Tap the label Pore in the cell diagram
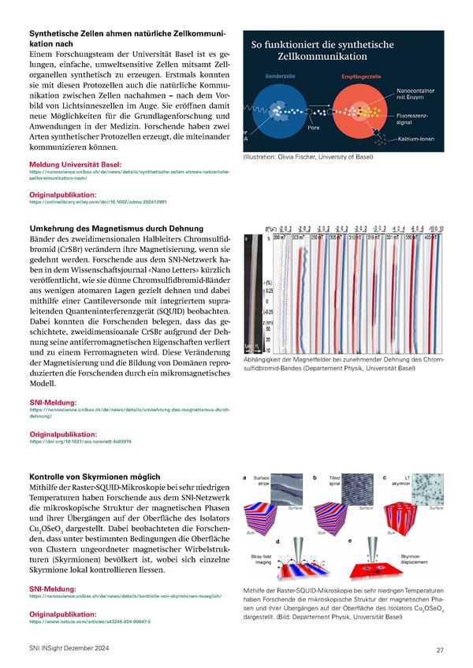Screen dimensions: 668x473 click(313, 127)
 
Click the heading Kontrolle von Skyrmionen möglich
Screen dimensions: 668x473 click(95, 477)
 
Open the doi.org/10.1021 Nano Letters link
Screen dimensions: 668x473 click(80, 441)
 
